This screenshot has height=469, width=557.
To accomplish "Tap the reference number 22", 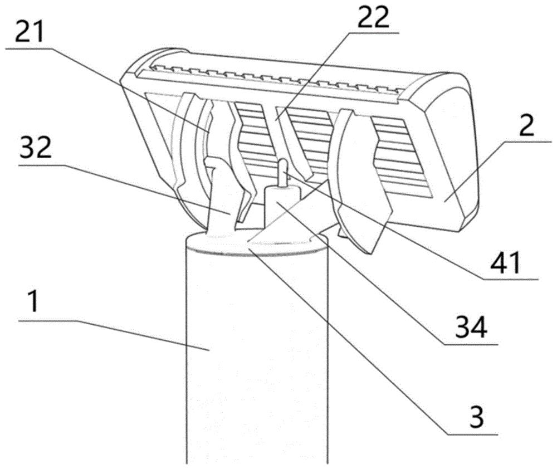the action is (x=373, y=17).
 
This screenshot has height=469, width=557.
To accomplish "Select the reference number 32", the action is (x=35, y=149).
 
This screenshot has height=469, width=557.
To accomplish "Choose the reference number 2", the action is (x=526, y=125).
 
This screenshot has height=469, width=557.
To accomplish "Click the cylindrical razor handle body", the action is (x=256, y=355).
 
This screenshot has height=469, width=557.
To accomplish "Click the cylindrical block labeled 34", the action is (x=282, y=207).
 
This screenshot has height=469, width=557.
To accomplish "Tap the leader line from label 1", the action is (x=114, y=335).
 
